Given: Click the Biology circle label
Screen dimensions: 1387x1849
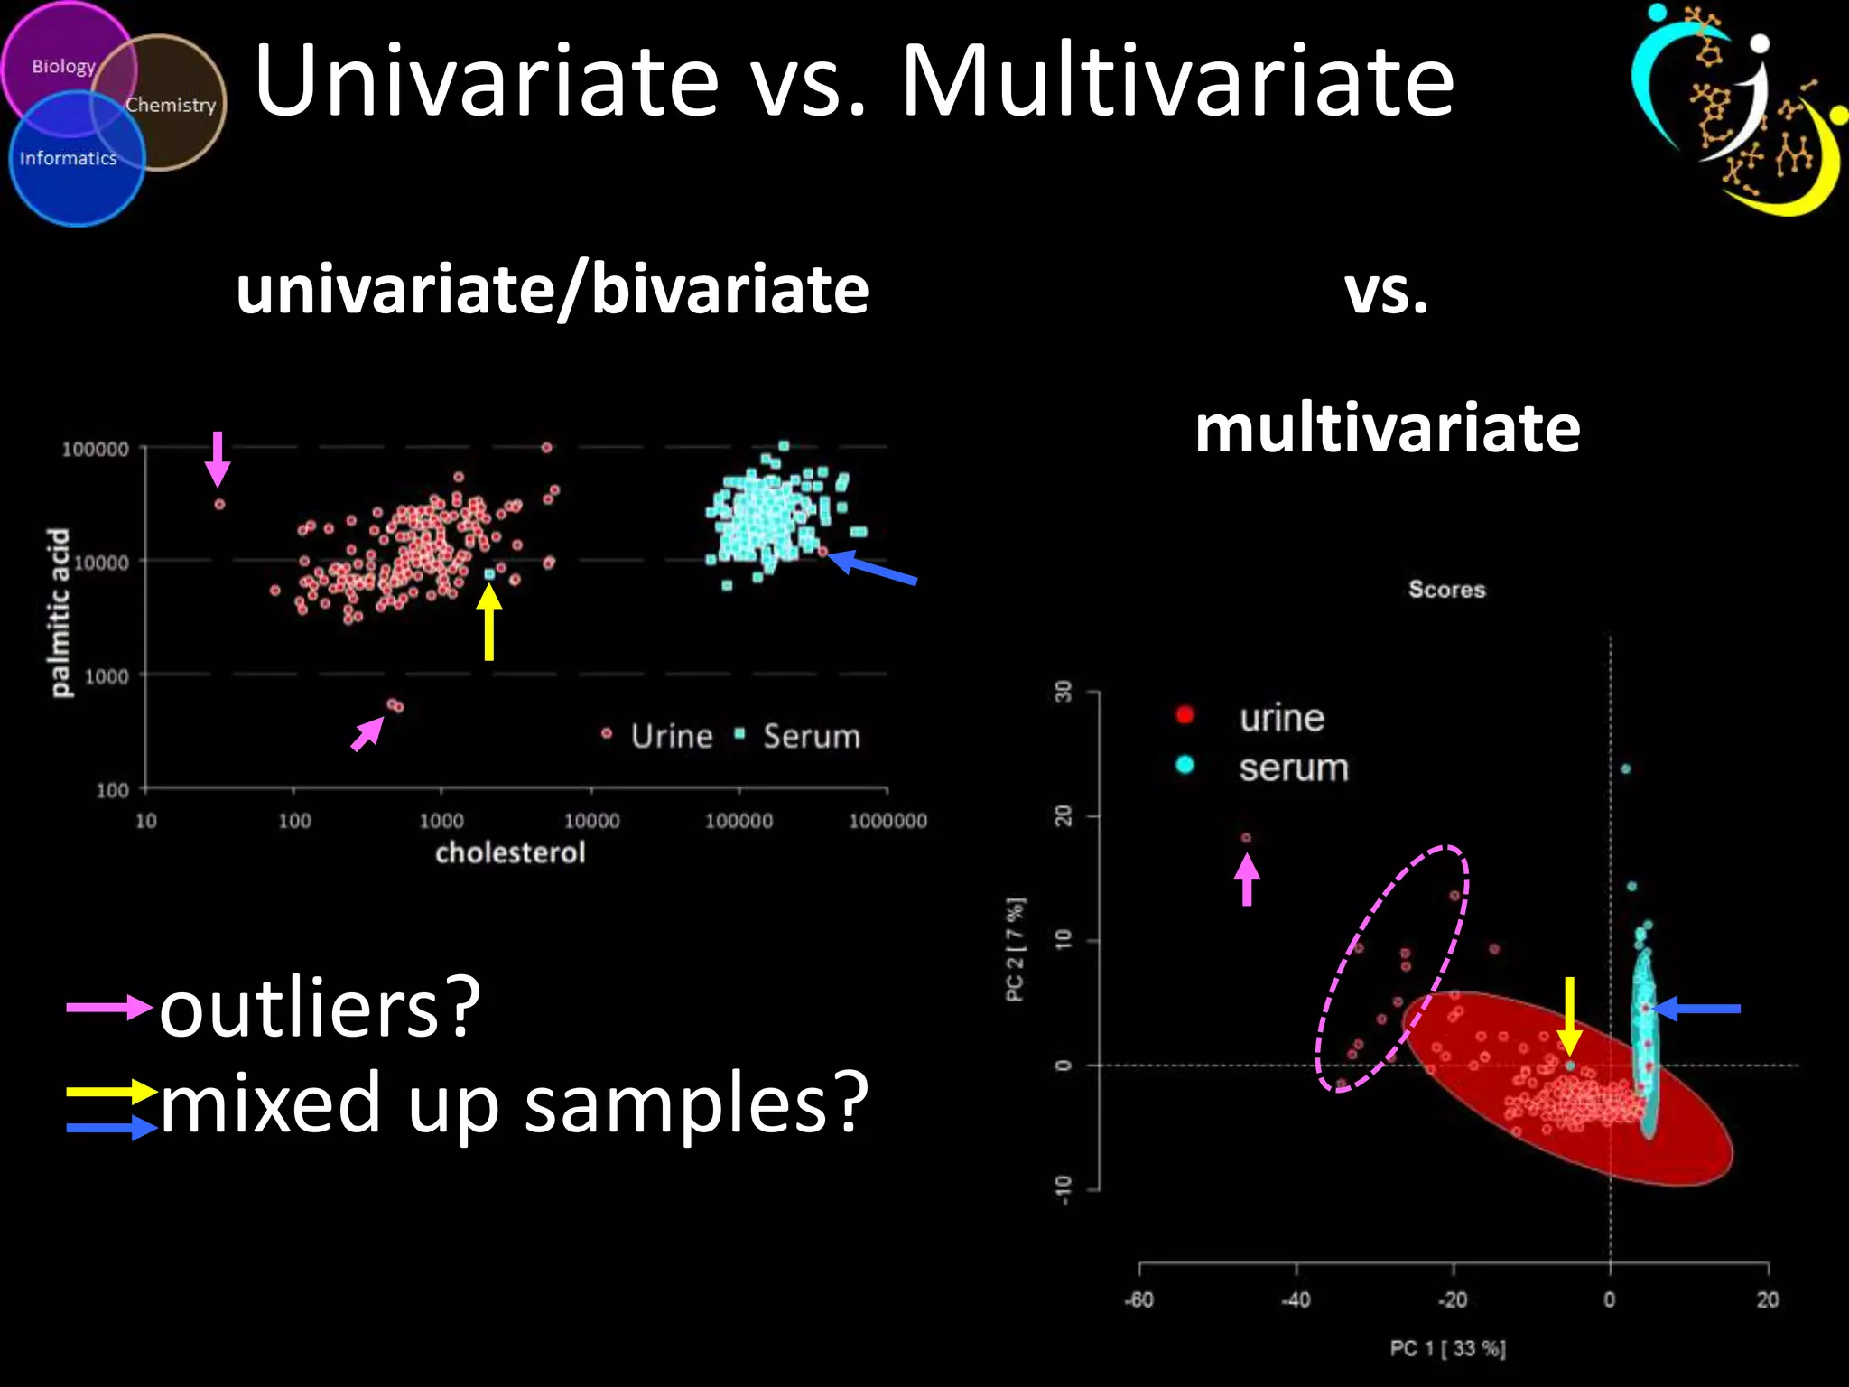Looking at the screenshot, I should click(x=63, y=66).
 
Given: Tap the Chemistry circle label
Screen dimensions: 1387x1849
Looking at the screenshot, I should click(x=171, y=105).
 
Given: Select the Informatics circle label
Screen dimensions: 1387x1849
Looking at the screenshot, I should click(x=69, y=158).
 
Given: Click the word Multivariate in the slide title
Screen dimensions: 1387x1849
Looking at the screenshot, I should click(x=1177, y=81).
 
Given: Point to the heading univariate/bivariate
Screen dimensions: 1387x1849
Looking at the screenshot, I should click(x=552, y=290).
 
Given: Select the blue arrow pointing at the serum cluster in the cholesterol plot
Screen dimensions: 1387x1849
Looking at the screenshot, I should click(x=873, y=568).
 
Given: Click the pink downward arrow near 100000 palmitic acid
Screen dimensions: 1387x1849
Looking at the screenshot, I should click(x=218, y=459).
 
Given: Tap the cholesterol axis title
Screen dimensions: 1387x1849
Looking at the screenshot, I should click(x=510, y=852).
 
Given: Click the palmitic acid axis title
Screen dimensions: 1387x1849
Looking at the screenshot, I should click(x=59, y=612).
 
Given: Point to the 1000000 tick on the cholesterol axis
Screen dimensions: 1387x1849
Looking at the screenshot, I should click(x=887, y=821).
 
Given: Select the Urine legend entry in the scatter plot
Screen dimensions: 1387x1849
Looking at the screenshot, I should click(x=671, y=736).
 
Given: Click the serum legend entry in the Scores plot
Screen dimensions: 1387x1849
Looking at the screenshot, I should click(x=1293, y=768).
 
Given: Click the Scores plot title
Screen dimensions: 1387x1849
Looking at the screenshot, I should click(x=1446, y=589).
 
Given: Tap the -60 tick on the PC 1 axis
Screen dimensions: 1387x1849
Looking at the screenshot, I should click(x=1138, y=1299).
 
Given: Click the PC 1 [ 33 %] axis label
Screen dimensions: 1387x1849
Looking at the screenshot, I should click(x=1447, y=1348).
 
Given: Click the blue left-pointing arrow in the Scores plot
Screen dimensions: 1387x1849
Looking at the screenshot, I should click(x=1697, y=1008).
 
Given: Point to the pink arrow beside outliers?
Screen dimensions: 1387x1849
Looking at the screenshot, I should click(x=108, y=1006).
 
